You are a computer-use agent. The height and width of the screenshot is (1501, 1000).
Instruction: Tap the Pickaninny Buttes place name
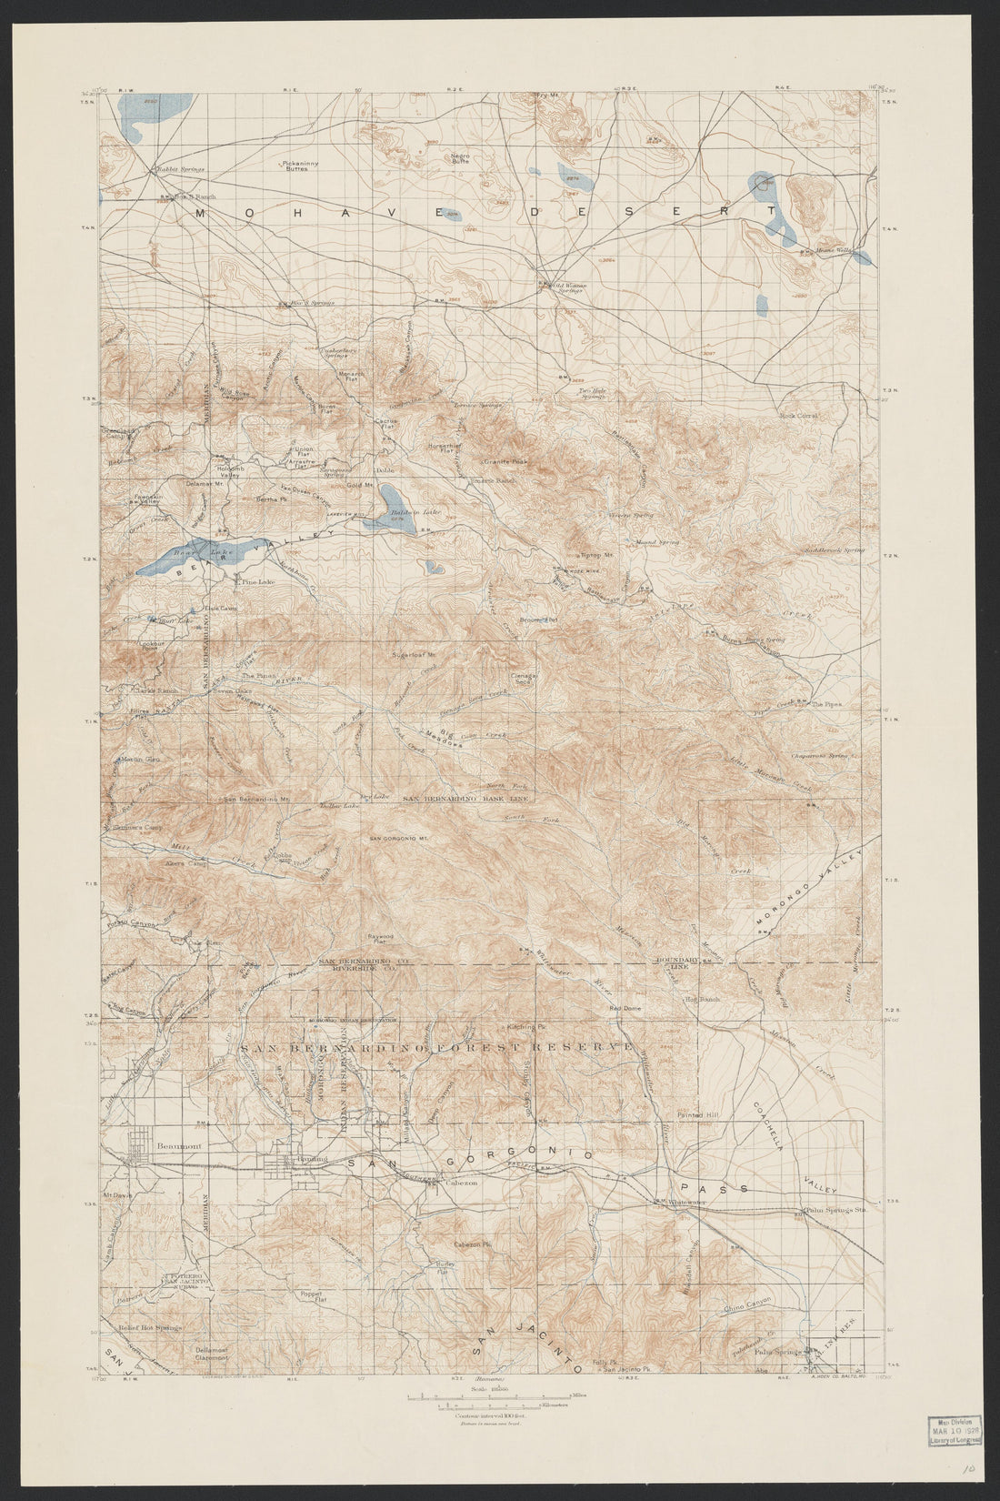296,166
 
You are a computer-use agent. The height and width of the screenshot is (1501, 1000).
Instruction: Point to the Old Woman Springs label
570,287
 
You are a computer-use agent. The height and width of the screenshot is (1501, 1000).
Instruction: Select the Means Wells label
833,251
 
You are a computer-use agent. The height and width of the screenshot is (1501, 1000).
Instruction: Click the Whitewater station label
688,1203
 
